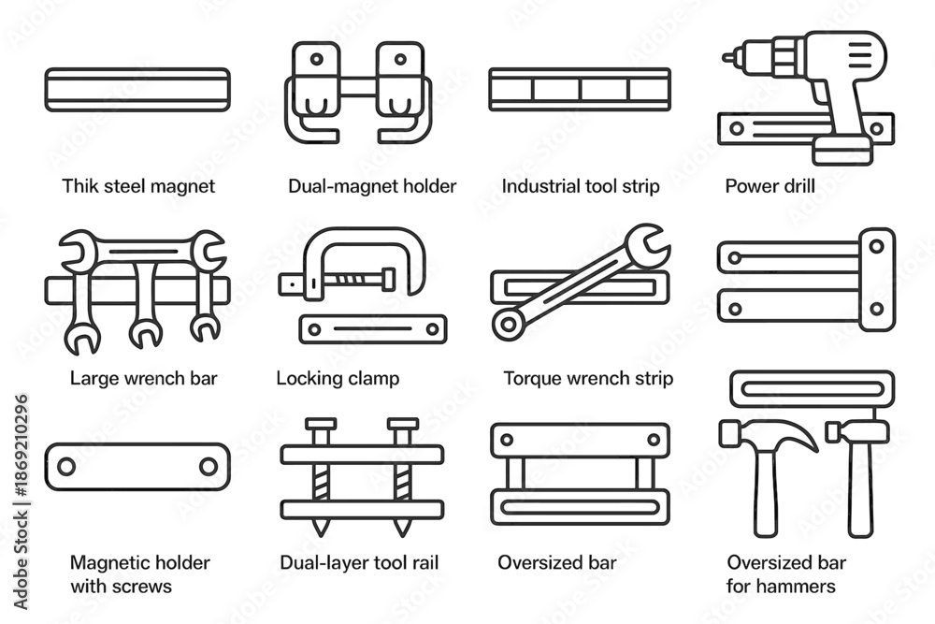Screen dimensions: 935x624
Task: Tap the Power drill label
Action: [x=770, y=186]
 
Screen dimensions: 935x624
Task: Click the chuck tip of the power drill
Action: [x=728, y=58]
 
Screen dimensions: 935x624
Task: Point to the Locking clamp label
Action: [x=338, y=378]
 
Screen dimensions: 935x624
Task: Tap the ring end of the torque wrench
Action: [x=508, y=324]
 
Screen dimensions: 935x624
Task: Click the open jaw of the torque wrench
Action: [x=648, y=243]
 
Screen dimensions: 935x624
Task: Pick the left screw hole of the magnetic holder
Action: [x=66, y=466]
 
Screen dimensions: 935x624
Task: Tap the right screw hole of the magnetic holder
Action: [x=209, y=466]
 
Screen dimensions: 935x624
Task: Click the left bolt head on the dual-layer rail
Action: [x=321, y=424]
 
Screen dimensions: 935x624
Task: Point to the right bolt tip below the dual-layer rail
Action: [x=402, y=527]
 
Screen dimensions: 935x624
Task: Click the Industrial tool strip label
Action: [x=581, y=186]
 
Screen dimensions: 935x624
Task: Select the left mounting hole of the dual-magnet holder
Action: [x=317, y=59]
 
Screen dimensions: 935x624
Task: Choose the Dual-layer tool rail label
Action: [x=359, y=562]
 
